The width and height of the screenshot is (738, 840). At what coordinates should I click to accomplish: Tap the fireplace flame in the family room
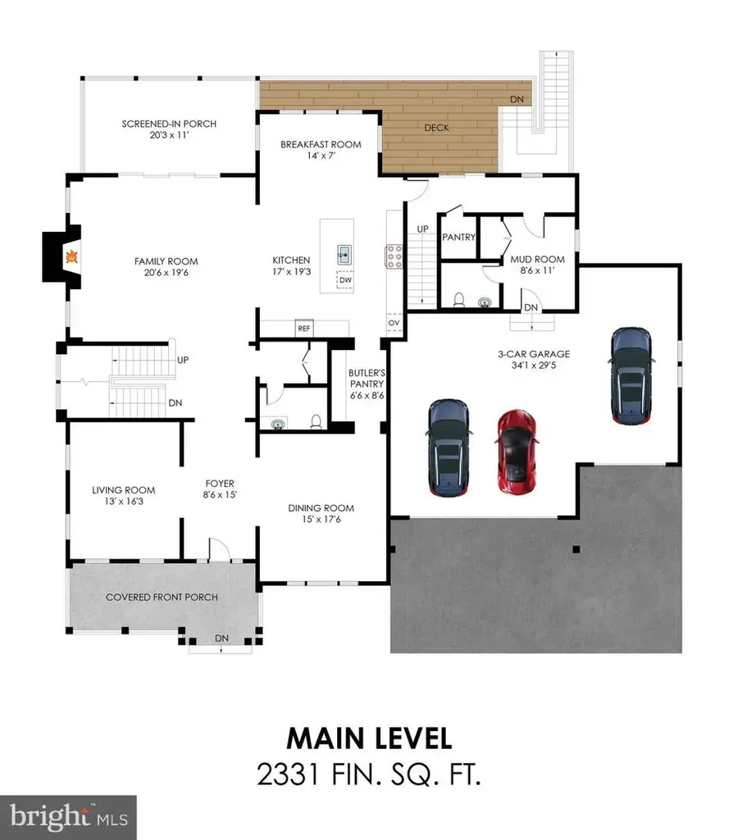point(72,257)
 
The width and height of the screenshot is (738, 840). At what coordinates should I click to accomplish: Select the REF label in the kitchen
point(305,329)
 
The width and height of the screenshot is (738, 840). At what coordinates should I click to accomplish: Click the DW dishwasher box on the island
point(346,280)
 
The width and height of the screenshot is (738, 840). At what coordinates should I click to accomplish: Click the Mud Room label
point(539,260)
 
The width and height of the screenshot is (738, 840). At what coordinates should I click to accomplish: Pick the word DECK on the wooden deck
point(439,128)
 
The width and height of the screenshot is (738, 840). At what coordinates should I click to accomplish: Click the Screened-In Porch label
point(169,124)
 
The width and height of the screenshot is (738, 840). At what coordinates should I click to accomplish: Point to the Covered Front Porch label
point(162,597)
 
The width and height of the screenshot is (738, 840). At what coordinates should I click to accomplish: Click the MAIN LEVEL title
point(369,738)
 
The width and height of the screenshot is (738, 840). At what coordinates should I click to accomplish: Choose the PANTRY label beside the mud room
point(458,238)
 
